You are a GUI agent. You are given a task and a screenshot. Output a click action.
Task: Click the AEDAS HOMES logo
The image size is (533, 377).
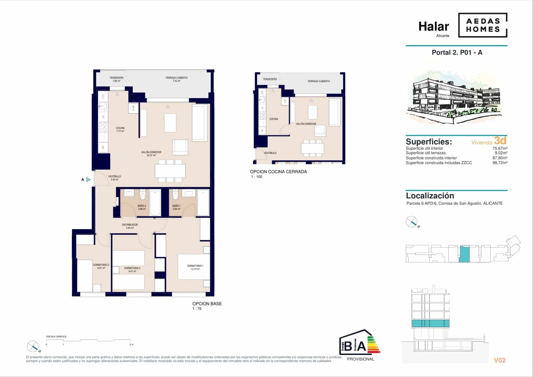483,25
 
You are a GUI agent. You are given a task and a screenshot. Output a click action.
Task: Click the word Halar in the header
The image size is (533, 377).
433,26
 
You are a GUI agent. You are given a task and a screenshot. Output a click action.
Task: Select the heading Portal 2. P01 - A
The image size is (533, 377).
457,52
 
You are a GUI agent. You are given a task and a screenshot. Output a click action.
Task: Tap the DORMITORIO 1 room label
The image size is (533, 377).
195,267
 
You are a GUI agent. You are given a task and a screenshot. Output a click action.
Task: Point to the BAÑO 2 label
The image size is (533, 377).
142,207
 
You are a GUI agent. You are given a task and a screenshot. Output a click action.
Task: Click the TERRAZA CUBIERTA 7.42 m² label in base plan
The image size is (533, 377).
176,79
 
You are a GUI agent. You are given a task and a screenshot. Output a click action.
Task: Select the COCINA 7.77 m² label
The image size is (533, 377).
120,129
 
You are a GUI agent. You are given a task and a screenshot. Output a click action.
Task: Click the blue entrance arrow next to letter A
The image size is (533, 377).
88,179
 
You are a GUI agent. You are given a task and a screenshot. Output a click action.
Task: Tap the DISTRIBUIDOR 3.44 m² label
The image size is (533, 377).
130,226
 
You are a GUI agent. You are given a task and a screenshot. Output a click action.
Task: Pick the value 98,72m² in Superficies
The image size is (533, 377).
500,163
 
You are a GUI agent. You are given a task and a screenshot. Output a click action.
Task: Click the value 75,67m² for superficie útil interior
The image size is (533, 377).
500,148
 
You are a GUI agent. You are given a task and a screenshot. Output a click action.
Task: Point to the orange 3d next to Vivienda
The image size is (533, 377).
500,140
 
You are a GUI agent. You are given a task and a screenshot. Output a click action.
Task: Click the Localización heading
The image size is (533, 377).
430,196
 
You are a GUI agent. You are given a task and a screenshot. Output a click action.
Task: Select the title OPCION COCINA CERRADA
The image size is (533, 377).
278,172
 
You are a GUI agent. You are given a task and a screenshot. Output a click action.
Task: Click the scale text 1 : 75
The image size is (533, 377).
197,309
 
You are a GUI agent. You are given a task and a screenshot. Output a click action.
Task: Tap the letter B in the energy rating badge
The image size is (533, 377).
348,347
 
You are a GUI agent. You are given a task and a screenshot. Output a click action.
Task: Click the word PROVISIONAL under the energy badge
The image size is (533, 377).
360,359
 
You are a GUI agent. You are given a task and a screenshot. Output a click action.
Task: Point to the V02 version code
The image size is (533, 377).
500,360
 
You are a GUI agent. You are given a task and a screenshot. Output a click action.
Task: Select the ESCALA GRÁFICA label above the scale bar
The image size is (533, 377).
56,337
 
